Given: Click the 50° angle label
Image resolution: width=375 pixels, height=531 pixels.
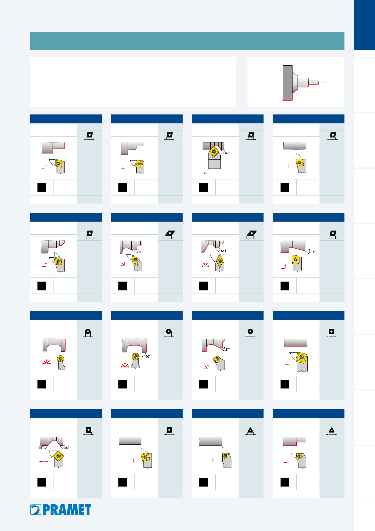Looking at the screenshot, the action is point(227,153).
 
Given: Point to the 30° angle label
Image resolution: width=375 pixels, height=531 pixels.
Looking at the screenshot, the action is point(141,252).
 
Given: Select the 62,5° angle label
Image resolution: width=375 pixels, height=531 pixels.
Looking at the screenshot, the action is point(224,251).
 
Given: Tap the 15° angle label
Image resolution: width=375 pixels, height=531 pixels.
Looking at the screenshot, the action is point(313,252).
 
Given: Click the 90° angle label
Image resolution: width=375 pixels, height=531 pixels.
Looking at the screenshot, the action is point(148,357).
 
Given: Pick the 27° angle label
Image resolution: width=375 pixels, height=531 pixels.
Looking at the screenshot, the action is point(228,349).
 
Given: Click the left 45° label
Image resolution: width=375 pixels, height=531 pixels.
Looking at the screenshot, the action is point(41,447).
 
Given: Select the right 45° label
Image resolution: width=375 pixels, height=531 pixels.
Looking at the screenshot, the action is point(66,448).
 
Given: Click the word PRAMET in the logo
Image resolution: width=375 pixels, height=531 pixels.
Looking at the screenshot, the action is point(67,510).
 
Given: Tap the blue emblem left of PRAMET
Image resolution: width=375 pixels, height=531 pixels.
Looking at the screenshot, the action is point(36,510).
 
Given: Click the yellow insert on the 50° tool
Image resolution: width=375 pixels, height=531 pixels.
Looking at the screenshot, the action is point(214,151).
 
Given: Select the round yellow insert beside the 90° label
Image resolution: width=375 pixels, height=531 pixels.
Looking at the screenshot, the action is point(136,356).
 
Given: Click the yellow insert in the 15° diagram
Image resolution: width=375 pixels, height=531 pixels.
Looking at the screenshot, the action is point(296,259).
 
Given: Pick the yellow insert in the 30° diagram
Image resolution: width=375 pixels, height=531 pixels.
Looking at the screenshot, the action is point(135,260).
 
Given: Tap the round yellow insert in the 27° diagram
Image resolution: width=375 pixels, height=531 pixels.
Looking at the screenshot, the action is point(217,359).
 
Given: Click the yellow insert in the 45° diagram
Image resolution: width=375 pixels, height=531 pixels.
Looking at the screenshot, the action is point(59,456).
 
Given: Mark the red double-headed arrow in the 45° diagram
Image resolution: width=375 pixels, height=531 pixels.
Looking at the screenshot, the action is point(43,462).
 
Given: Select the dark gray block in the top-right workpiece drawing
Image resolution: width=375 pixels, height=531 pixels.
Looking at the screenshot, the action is point(287,83).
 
